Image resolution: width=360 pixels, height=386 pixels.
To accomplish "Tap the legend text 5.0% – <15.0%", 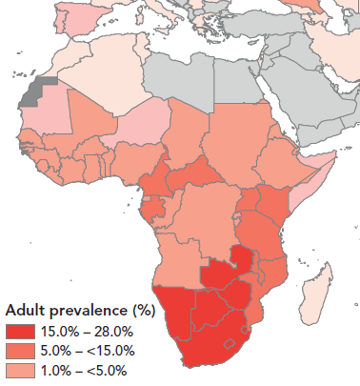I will tap(90, 351).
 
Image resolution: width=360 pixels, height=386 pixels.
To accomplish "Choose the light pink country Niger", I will tap(143, 124).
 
